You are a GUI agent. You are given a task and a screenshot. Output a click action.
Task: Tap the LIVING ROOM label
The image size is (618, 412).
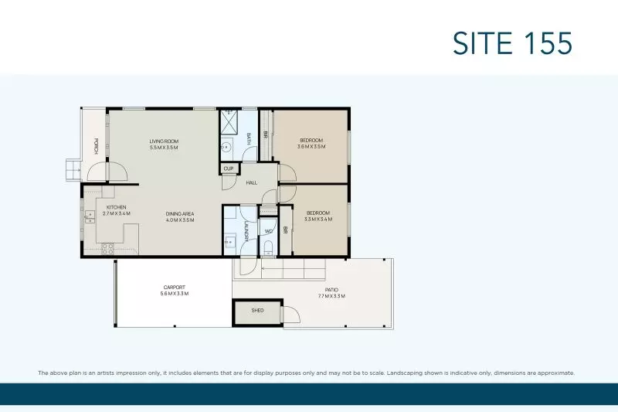[x=164, y=141]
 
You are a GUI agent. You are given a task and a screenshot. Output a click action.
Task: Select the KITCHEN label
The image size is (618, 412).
[x=117, y=208]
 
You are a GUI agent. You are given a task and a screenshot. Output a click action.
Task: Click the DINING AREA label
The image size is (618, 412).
[x=179, y=214]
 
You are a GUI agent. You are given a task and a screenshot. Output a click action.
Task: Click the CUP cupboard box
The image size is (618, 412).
[x=229, y=169]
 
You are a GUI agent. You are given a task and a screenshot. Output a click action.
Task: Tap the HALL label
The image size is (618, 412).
[x=252, y=183]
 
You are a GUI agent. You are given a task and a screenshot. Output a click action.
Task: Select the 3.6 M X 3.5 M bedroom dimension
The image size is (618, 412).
[x=312, y=146]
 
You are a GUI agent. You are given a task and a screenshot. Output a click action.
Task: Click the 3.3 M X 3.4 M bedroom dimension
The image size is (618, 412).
[x=318, y=219]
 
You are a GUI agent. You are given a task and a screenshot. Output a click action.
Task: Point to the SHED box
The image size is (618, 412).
[x=257, y=311]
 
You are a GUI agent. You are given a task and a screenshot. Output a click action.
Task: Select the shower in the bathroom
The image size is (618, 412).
[x=228, y=121]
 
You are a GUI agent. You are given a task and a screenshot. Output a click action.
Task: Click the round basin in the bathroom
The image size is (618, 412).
[x=227, y=147]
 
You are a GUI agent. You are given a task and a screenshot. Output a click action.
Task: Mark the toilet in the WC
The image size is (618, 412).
[x=267, y=247]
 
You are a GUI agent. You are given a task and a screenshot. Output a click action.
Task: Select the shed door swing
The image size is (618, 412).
[x=290, y=315]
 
